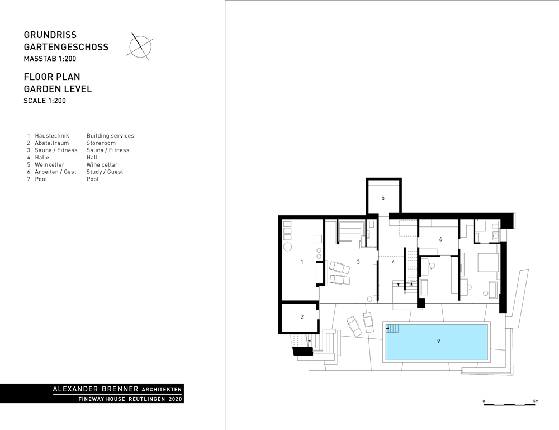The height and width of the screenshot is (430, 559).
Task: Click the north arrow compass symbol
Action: click(140, 46)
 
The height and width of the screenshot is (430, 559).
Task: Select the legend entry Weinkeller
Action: click(49, 165)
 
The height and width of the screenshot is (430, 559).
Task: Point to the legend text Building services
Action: click(110, 136)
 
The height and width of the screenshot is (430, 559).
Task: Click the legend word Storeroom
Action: click(101, 143)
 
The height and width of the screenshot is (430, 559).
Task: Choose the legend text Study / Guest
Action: click(105, 172)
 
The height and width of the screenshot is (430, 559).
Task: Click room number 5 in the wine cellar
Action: click(383, 198)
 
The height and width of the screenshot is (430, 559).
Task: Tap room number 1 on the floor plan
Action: click(302, 262)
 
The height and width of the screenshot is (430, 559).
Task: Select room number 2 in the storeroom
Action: click(302, 317)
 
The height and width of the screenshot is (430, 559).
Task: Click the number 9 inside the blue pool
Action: click(438, 341)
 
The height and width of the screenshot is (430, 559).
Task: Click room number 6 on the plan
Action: click(440, 239)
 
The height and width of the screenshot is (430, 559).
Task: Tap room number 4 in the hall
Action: click(394, 262)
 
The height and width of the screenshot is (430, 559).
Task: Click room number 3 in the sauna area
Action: click(358, 262)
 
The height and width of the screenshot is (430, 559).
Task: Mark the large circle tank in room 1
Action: click(288, 247)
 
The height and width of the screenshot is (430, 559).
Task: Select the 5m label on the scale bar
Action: click(536, 400)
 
